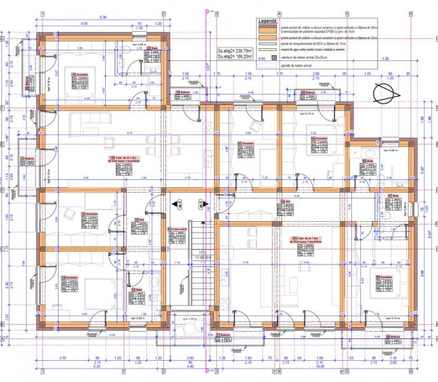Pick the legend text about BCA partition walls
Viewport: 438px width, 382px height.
pyautogui.click(x=309, y=42)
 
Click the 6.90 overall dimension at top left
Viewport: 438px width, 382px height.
pyautogui.click(x=103, y=16)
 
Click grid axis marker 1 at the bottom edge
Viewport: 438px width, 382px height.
pyautogui.click(x=42, y=371)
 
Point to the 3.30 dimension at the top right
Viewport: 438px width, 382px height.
pyautogui.click(x=386, y=60)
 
